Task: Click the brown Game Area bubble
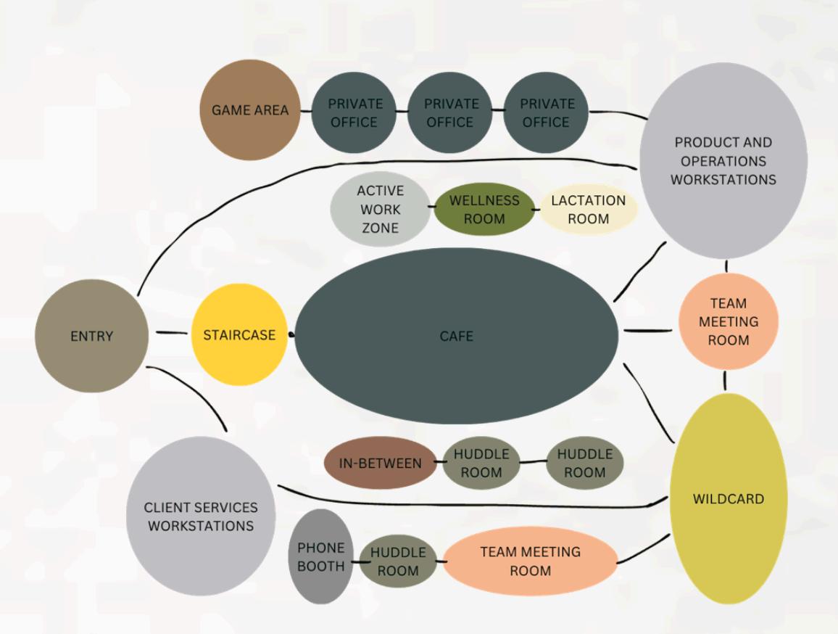coord(249,111)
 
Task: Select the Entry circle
coord(91,336)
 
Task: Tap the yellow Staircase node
coord(239,335)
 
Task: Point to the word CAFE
coord(457,337)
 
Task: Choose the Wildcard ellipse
coord(727,499)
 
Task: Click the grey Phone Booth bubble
coord(320,557)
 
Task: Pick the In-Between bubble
coord(380,463)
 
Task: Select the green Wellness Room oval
coord(484,210)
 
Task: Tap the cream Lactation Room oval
coord(588,210)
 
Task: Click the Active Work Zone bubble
coord(380,209)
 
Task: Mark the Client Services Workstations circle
coord(201,516)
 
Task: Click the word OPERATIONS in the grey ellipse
coord(723,161)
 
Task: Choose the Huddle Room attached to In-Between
coord(481,463)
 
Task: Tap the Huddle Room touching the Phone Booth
coord(398,561)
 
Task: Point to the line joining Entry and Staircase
coord(171,334)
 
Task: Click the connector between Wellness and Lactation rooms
coord(536,210)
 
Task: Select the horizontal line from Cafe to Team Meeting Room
coord(647,331)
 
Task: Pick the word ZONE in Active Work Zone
coord(380,228)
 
